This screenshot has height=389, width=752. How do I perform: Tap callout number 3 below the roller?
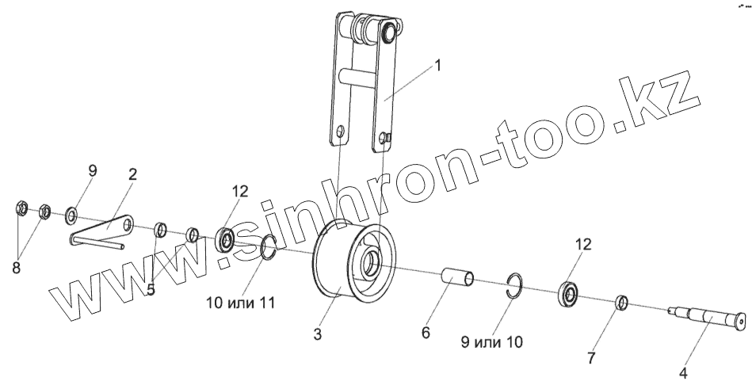317,334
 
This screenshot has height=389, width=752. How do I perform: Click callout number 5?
151,289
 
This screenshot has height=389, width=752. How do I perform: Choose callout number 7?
590,357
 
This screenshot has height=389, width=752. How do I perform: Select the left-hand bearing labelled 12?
226,238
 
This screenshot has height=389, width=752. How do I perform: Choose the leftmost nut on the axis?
23,209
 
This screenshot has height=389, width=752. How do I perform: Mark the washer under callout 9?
72,215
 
